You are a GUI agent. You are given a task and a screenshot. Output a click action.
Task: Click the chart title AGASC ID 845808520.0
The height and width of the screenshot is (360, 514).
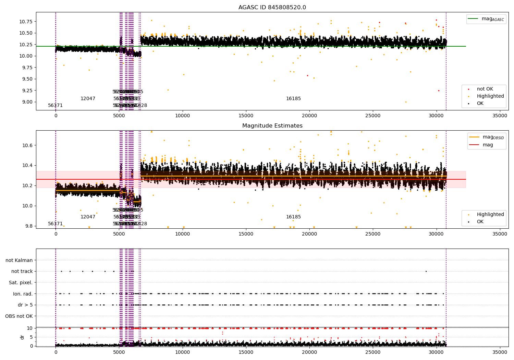pos(272,8)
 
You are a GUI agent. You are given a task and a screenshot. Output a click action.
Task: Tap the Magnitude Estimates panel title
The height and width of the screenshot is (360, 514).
pos(272,126)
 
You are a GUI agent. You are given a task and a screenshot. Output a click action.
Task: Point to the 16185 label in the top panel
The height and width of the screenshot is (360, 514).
pos(293,99)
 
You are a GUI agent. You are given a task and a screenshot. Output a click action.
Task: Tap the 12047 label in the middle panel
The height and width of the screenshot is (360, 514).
pos(88,217)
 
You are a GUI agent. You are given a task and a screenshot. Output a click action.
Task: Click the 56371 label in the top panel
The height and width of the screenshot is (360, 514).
pos(55,106)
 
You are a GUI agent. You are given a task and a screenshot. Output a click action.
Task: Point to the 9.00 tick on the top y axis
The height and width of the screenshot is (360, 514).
pos(26,102)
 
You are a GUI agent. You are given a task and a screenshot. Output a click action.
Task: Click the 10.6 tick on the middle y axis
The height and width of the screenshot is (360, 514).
pos(27,145)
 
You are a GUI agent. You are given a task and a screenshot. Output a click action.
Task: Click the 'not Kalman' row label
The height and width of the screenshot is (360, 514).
pos(19,261)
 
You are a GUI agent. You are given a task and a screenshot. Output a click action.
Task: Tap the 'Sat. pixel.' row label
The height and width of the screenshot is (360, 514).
pos(21,283)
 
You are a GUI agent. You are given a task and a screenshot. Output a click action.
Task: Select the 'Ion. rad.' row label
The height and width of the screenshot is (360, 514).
pos(23,294)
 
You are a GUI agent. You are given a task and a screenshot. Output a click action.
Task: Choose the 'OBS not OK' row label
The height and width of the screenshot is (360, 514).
pos(19,316)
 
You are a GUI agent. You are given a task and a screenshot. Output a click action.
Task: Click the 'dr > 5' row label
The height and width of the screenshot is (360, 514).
pos(25,305)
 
